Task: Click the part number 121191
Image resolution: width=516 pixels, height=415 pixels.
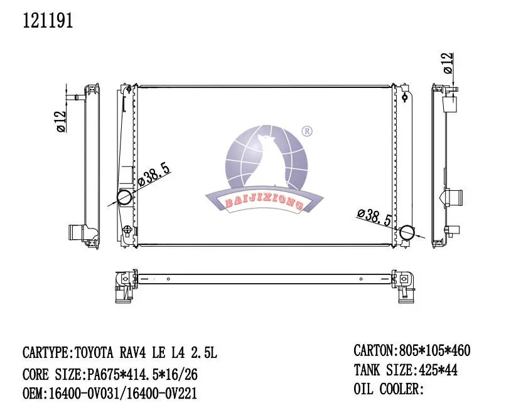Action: click(48, 21)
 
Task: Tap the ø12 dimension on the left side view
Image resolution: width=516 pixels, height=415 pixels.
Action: click(62, 121)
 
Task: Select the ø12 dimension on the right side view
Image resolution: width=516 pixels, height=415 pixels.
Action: click(448, 63)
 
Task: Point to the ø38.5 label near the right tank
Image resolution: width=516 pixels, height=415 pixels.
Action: click(375, 216)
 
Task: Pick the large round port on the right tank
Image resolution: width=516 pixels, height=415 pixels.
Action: click(408, 233)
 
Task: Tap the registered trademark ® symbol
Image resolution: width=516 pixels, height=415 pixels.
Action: click(307, 131)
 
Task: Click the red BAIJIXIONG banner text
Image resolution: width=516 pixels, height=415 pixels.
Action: click(264, 202)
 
